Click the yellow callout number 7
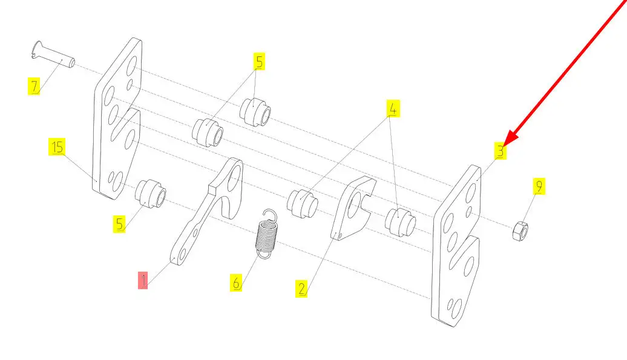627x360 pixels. tap(34, 87)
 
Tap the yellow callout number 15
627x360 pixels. tap(57, 146)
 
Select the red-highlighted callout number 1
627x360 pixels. tap(143, 280)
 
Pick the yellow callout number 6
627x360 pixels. tap(236, 283)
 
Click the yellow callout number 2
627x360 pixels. tap(301, 289)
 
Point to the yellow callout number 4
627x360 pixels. tap(393, 108)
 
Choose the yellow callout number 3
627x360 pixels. tap(501, 151)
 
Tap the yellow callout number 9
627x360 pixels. tap(539, 186)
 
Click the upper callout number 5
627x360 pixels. tap(260, 62)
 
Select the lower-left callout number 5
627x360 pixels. tap(119, 224)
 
